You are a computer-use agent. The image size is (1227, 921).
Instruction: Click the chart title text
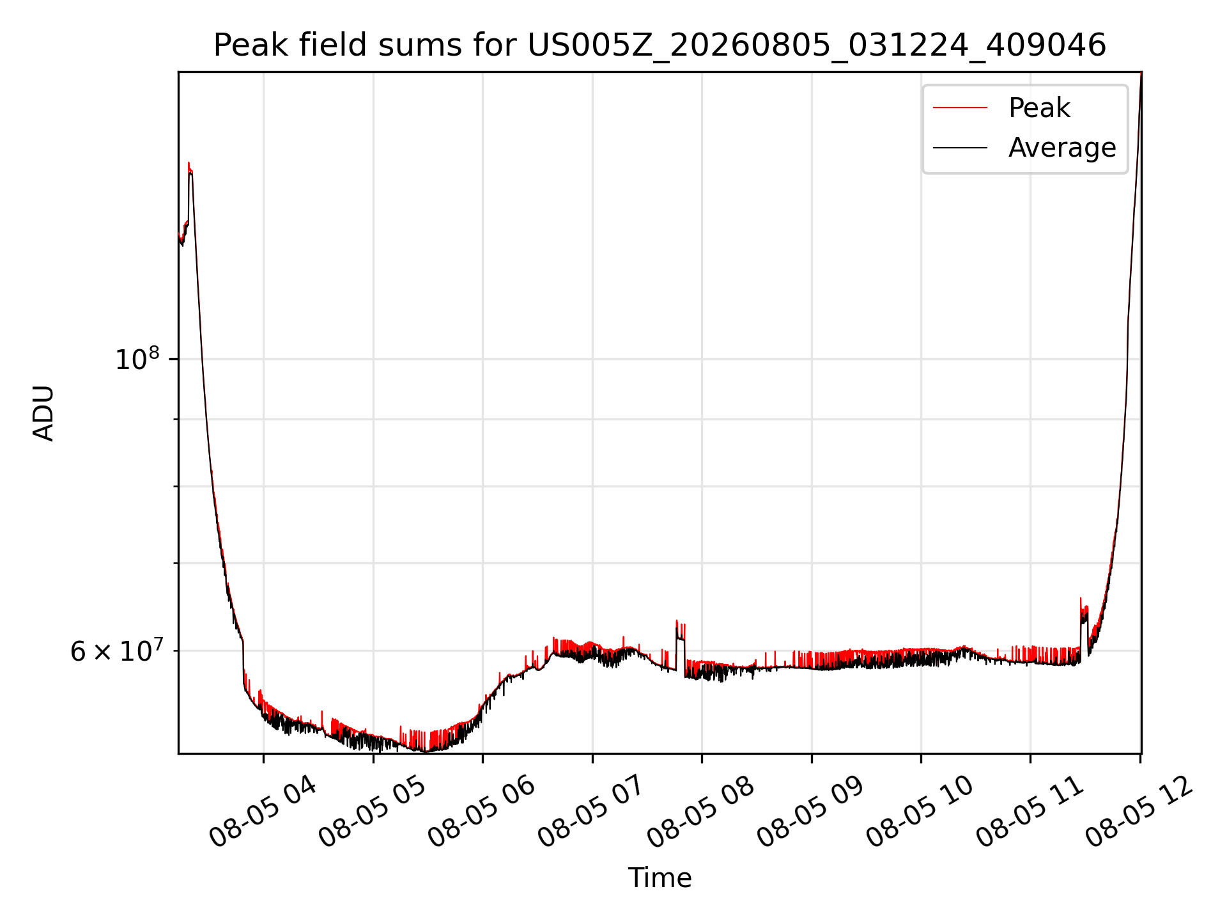[660, 45]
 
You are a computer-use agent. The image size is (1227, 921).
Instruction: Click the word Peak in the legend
[1039, 107]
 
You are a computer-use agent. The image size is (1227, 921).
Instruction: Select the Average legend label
[1062, 148]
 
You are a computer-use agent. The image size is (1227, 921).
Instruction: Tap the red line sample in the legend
[960, 107]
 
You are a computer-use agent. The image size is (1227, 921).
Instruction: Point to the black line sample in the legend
[960, 148]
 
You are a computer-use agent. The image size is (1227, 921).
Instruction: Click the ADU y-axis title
[43, 413]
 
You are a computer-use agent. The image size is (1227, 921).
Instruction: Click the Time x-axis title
[660, 878]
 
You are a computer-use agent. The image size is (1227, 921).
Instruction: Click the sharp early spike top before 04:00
[189, 164]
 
